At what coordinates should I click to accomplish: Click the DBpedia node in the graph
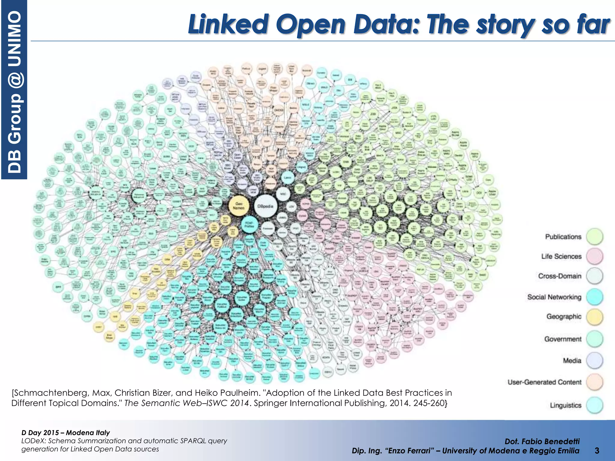pyautogui.click(x=265, y=206)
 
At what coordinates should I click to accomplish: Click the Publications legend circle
pyautogui.click(x=595, y=237)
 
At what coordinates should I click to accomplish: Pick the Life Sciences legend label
pyautogui.click(x=561, y=256)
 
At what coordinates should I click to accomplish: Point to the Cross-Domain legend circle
pyautogui.click(x=595, y=276)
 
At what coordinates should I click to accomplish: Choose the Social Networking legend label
pyautogui.click(x=554, y=297)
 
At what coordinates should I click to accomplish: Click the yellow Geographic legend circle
pyautogui.click(x=595, y=317)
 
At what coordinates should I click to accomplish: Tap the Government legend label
pyautogui.click(x=563, y=339)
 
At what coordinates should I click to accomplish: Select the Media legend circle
pyautogui.click(x=595, y=360)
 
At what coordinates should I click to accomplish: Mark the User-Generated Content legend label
pyautogui.click(x=544, y=382)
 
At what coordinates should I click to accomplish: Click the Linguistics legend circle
pyautogui.click(x=595, y=405)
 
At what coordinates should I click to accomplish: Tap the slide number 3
pyautogui.click(x=597, y=450)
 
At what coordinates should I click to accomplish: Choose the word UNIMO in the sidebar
pyautogui.click(x=14, y=39)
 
